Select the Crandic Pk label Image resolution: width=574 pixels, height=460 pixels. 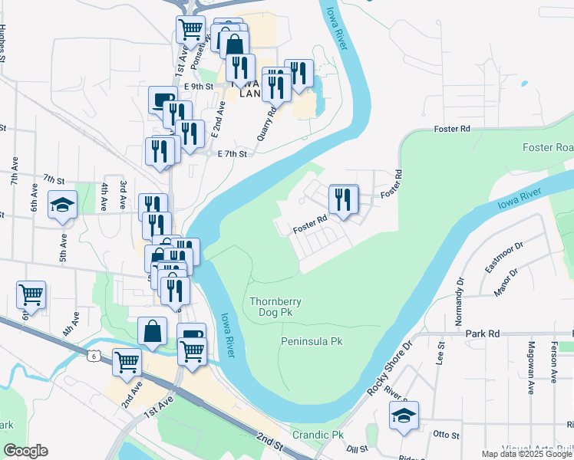tap(318, 435)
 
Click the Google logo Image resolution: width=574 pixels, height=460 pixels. tap(25, 451)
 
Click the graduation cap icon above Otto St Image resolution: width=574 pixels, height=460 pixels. tap(404, 416)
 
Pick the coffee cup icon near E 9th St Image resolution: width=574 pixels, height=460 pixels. tap(163, 101)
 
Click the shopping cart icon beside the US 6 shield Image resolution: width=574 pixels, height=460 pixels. tap(127, 362)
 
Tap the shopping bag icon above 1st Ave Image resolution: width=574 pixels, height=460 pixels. tap(153, 331)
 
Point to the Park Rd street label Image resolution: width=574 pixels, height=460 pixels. tap(483, 334)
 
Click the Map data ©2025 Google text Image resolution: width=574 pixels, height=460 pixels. tap(526, 453)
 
